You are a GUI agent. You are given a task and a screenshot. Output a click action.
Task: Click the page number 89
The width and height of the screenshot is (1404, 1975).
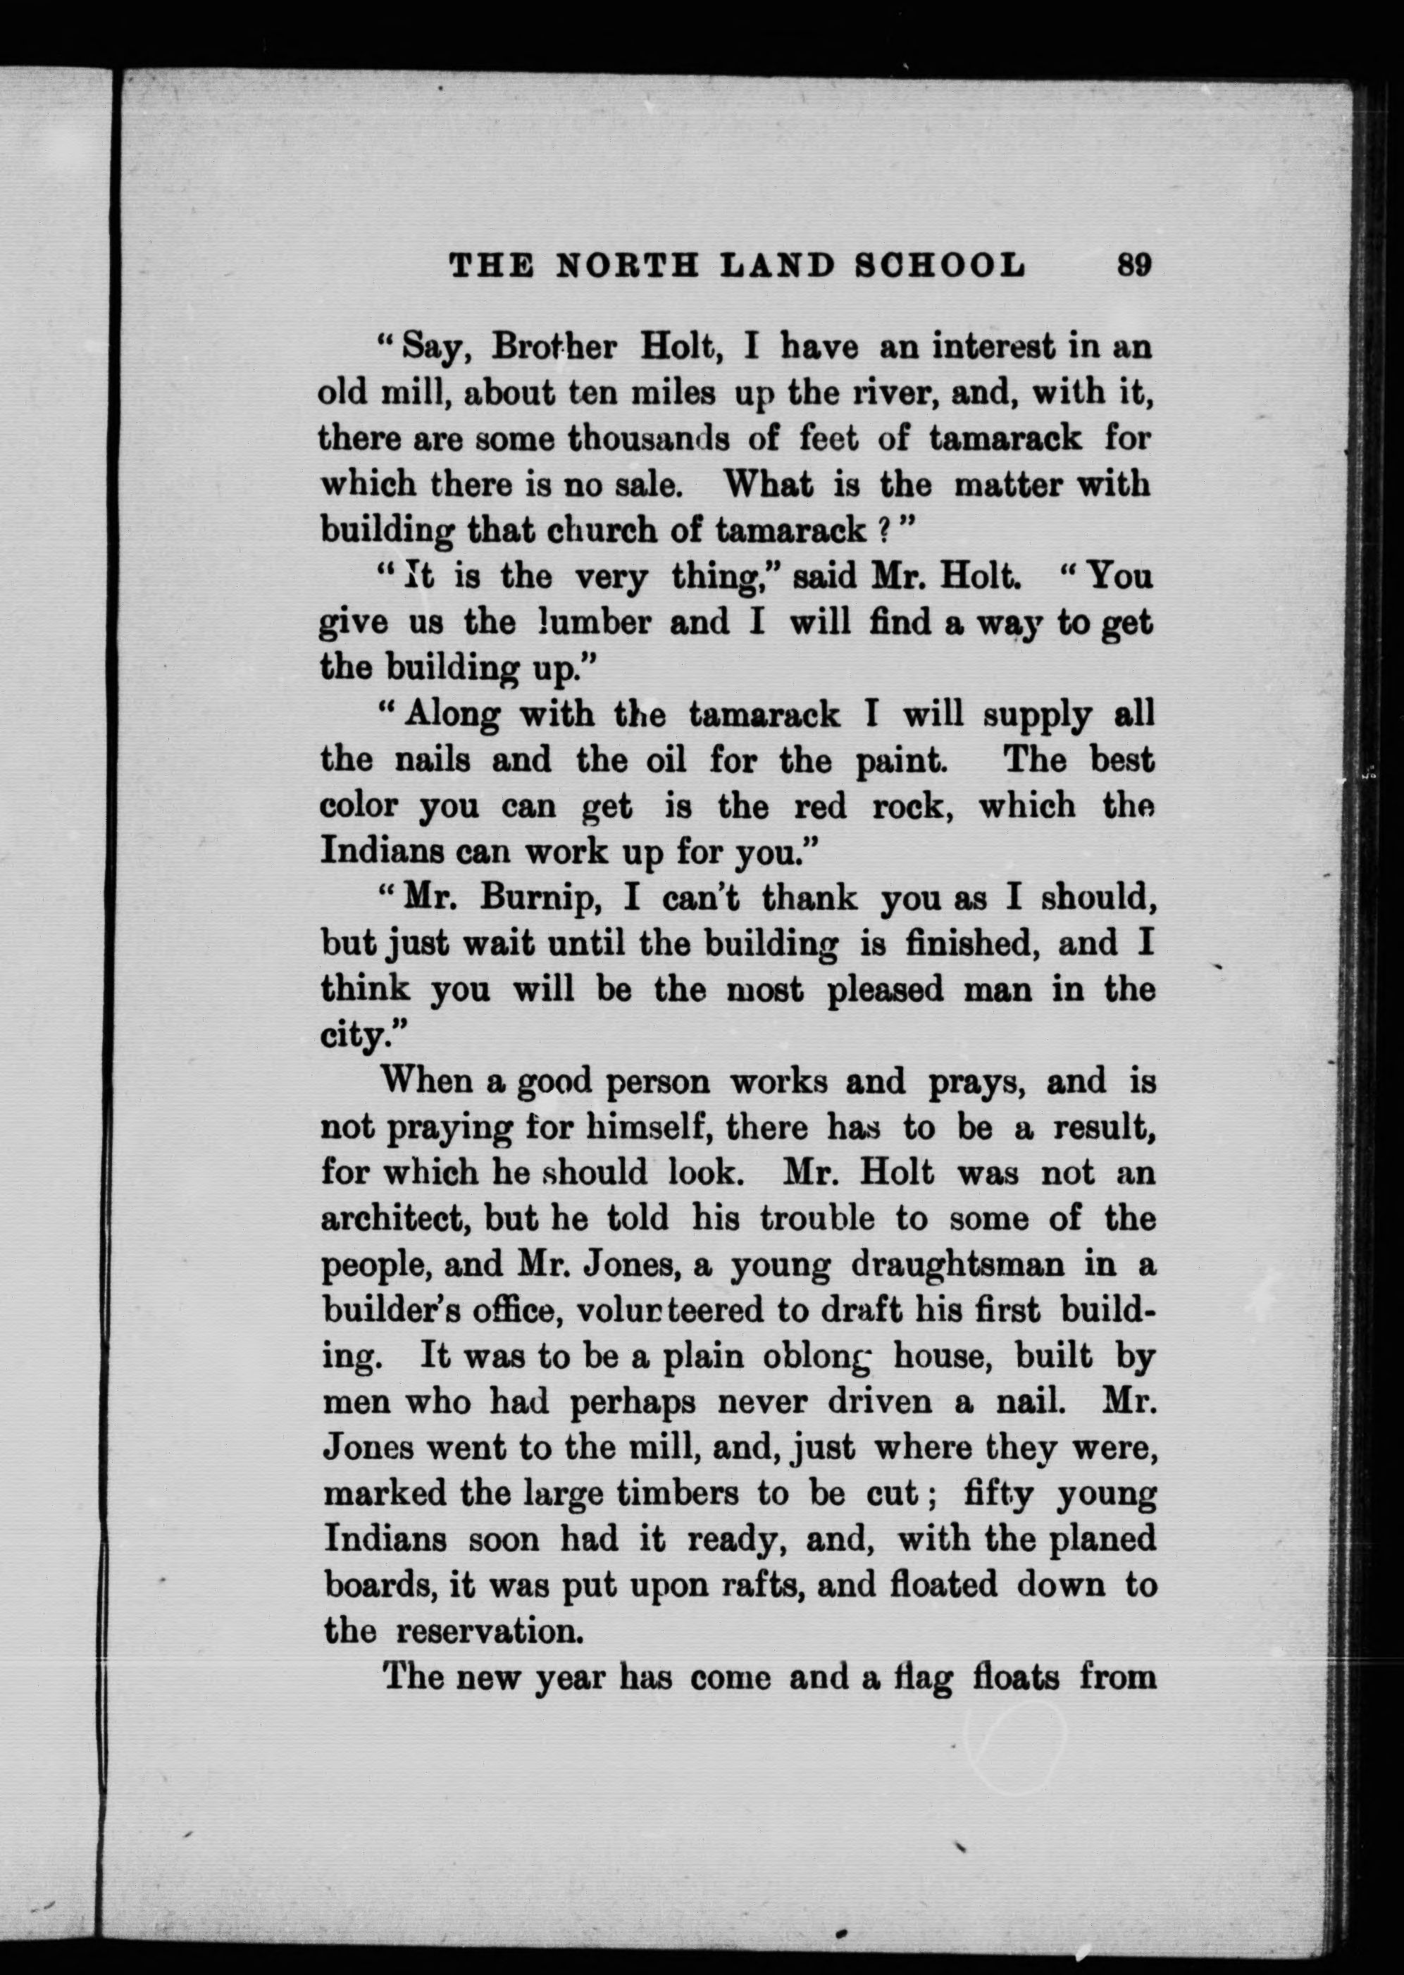click(x=1134, y=264)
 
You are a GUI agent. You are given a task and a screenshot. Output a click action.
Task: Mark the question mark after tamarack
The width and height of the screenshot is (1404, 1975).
click(x=883, y=530)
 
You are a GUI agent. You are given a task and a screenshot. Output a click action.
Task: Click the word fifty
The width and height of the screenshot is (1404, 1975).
click(x=998, y=1495)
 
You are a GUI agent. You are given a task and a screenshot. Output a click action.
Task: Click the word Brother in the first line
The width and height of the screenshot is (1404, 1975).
click(x=554, y=347)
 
